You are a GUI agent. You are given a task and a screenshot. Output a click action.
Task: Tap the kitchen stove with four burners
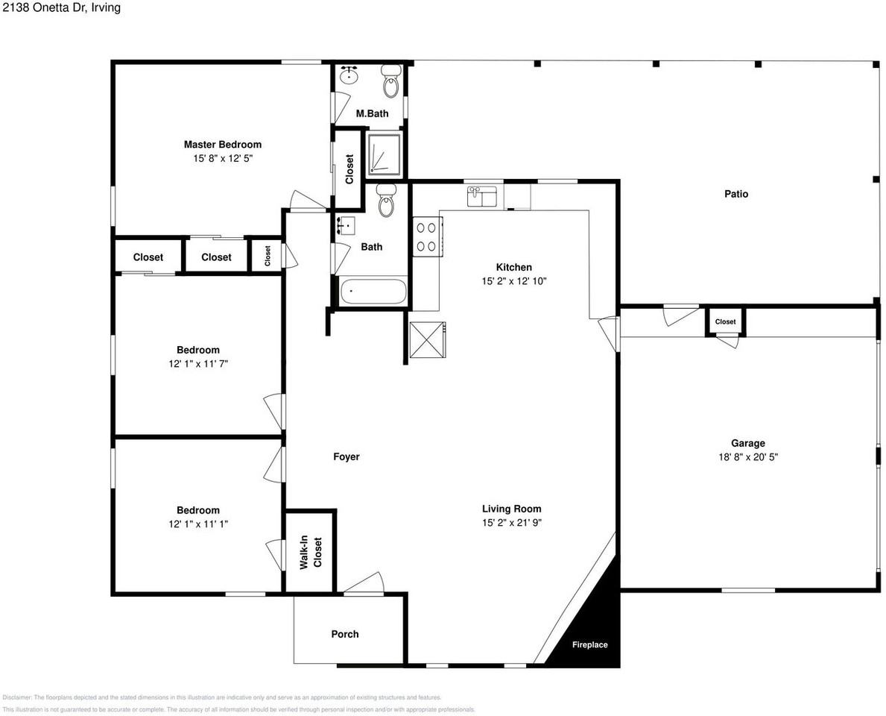427,237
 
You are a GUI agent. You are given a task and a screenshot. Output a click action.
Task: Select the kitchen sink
482,196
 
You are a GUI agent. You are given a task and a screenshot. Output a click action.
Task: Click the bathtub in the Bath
373,291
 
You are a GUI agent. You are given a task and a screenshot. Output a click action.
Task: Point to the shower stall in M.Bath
385,153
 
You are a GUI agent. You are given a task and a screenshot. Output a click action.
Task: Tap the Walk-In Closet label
311,552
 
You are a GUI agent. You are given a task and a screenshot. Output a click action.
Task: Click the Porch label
345,634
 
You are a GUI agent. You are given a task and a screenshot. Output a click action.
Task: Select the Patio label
736,194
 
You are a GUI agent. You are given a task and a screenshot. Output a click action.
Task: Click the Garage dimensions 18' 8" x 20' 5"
748,457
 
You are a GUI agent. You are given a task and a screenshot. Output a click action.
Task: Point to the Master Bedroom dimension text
223,158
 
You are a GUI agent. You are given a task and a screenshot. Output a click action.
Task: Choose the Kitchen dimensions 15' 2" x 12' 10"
514,281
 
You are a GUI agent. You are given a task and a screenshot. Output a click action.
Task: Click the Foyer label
347,456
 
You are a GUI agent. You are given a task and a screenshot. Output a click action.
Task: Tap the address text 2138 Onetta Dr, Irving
61,7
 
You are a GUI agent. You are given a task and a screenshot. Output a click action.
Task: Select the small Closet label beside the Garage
726,321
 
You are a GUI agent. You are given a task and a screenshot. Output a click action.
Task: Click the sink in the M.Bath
350,75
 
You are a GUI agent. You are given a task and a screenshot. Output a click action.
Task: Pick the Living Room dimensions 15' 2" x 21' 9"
511,523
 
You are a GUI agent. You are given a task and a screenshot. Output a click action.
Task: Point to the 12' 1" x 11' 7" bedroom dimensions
197,364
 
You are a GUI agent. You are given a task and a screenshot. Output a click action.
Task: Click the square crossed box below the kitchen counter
428,340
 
